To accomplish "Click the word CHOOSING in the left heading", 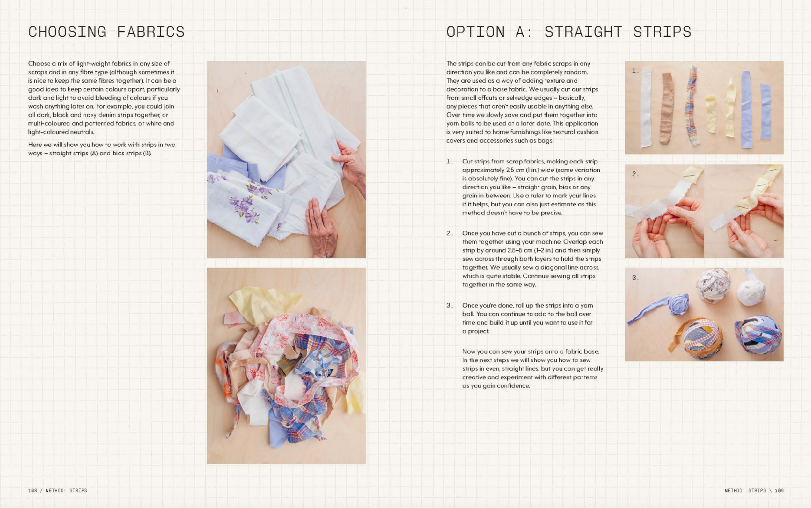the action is tap(68, 32).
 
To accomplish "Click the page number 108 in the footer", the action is tap(32, 490).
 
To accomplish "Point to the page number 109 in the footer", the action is tap(779, 490).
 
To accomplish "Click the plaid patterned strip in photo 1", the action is tap(692, 106).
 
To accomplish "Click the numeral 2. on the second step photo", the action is tap(636, 174).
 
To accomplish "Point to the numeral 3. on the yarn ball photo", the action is tap(636, 278).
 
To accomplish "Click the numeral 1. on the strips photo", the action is tap(636, 71).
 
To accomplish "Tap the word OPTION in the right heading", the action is tap(475, 32).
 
